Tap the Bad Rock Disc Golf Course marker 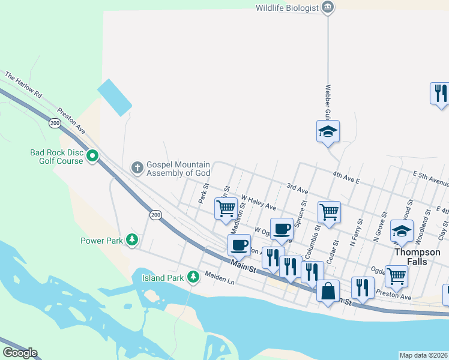click(92, 157)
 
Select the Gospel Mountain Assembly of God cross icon click(137, 168)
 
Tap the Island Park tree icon click(193, 277)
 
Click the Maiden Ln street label click(218, 277)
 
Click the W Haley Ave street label click(258, 202)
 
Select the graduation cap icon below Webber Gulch click(328, 131)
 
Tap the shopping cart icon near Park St click(226, 209)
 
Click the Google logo click(20, 353)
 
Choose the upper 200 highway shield click(55, 123)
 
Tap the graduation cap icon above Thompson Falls click(402, 230)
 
